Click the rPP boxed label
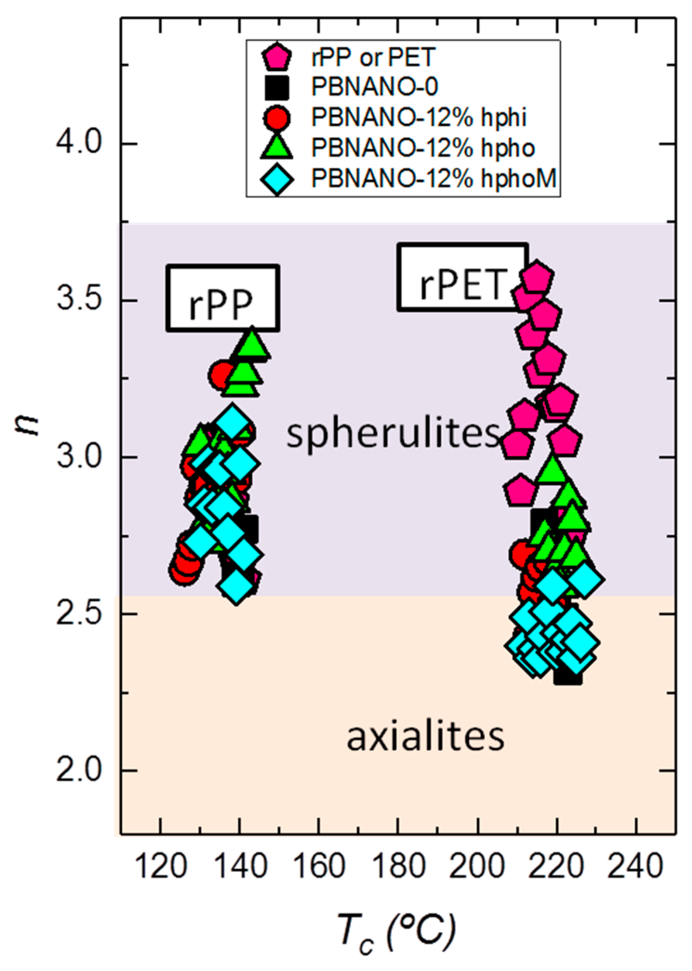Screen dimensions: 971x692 (222, 298)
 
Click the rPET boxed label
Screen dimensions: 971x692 (462, 277)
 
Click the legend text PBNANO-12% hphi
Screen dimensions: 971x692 (419, 117)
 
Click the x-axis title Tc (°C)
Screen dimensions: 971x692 (395, 929)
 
